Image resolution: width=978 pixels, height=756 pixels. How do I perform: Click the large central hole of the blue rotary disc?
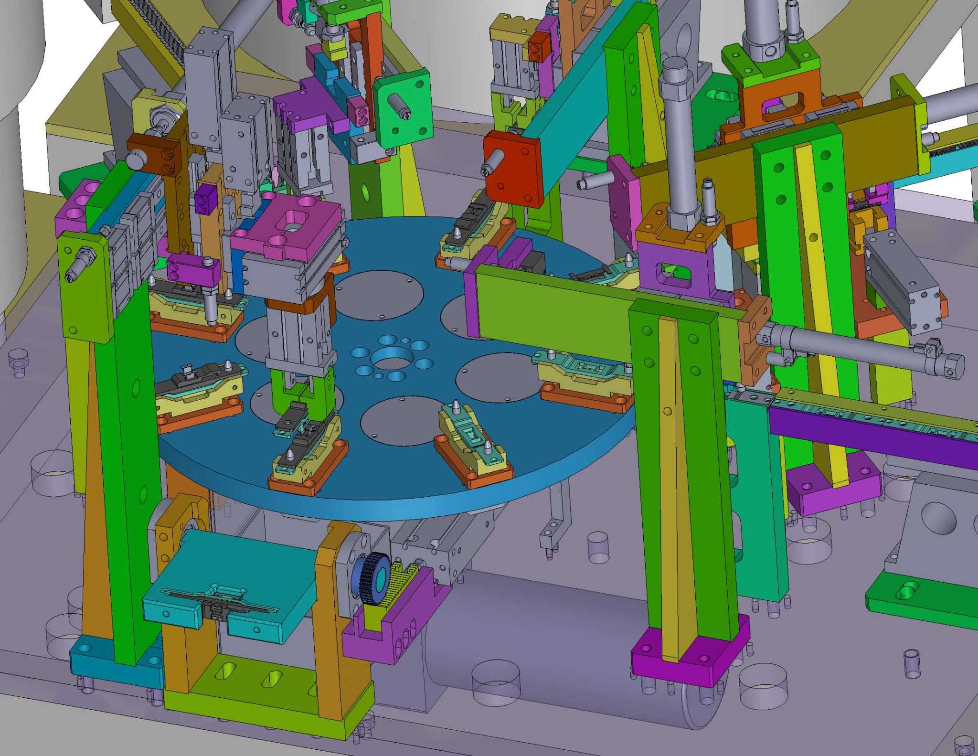click(393, 359)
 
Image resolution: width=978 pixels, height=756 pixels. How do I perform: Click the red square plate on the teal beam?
click(513, 168)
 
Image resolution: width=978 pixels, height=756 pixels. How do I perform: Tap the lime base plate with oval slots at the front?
click(267, 692)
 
